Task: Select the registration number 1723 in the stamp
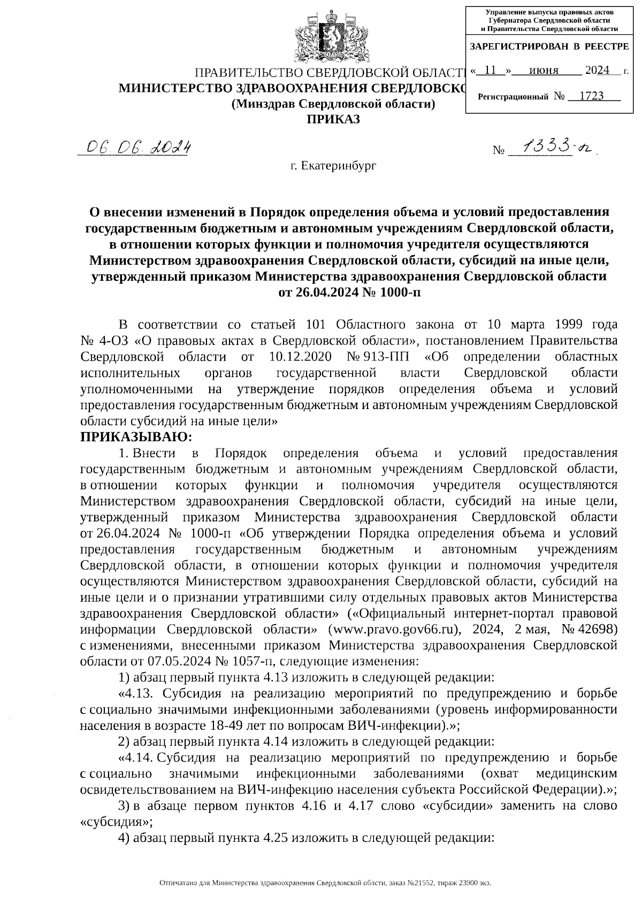[592, 96]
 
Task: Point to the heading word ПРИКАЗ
[333, 119]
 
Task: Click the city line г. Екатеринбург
[333, 166]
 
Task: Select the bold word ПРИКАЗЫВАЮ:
[136, 437]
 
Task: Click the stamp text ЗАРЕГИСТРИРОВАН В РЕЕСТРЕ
[549, 47]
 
